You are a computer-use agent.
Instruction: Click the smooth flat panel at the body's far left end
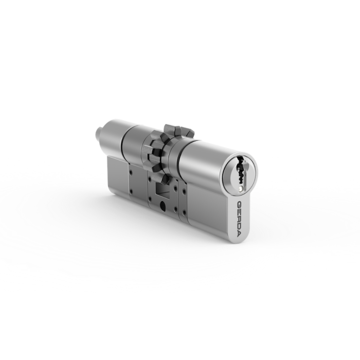(117, 177)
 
